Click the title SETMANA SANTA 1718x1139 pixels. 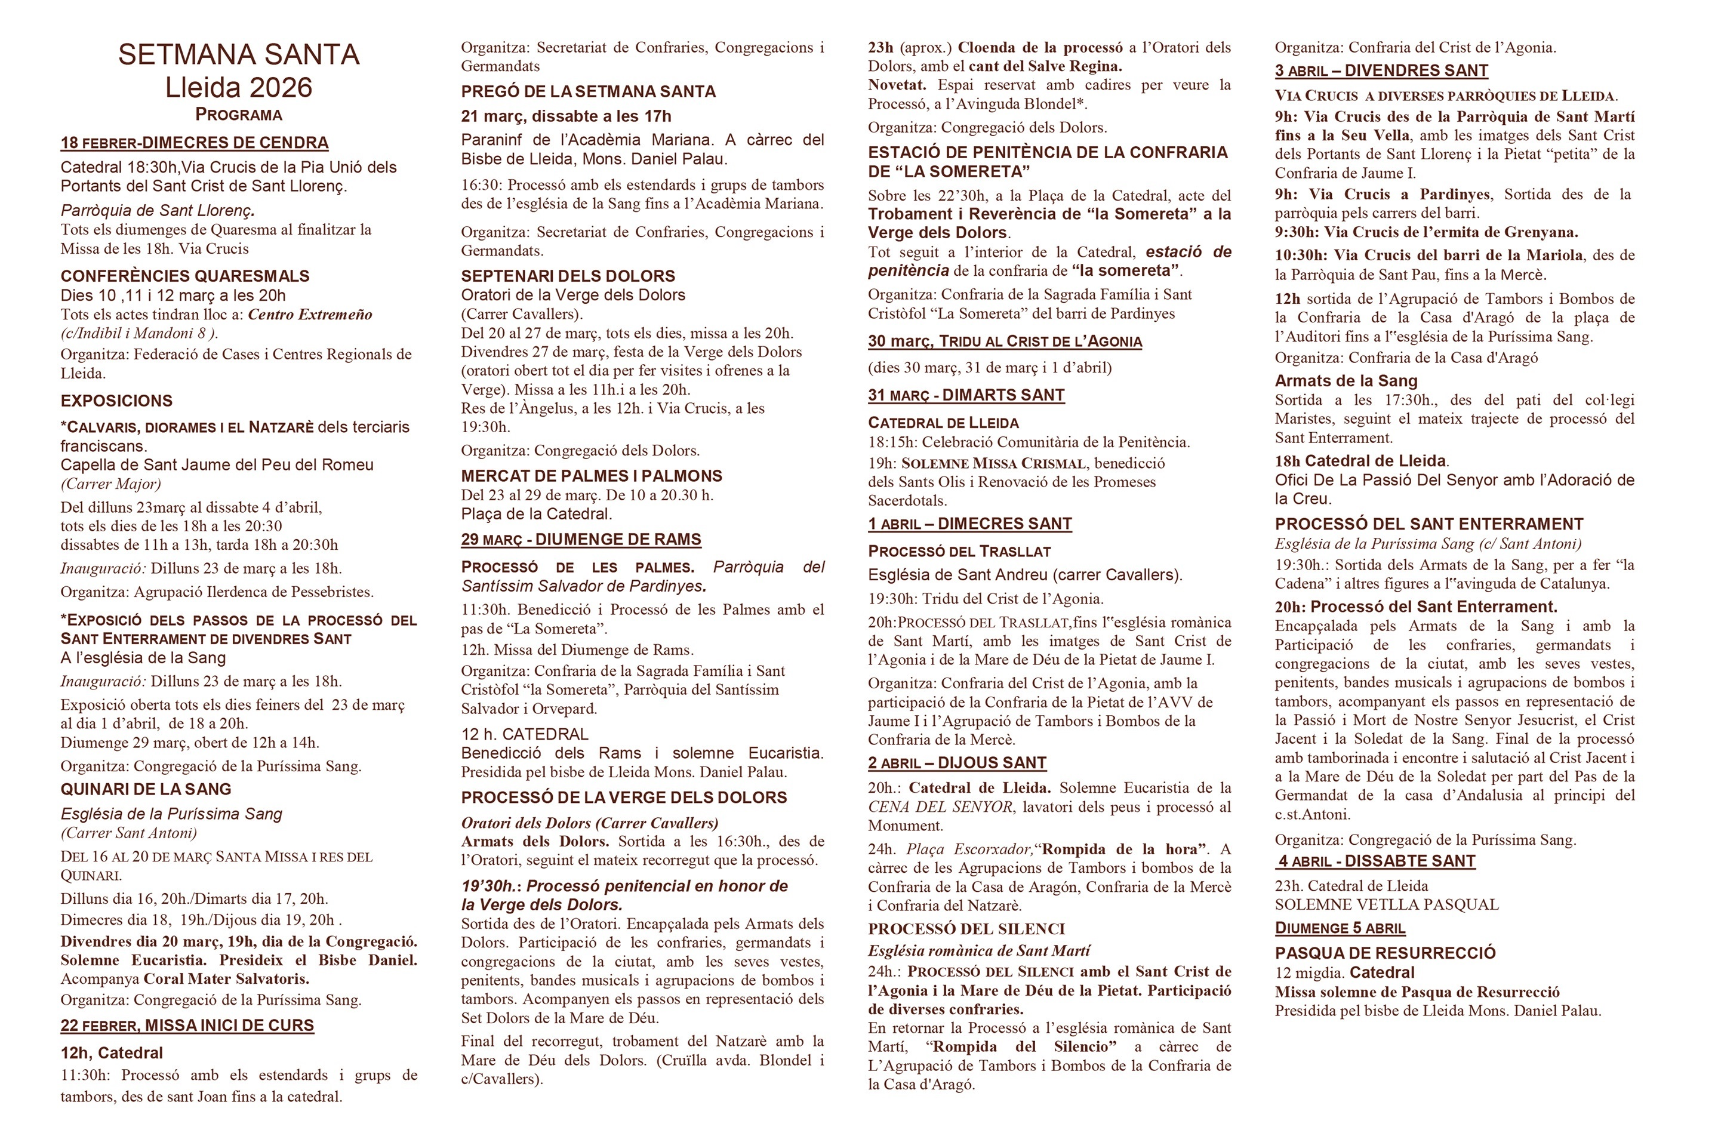238,54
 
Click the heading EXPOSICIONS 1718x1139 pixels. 116,401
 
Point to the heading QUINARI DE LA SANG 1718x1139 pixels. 145,789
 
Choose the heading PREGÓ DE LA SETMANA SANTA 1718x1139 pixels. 587,91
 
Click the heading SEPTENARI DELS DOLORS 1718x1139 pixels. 567,276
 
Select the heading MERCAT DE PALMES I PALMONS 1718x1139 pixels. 592,476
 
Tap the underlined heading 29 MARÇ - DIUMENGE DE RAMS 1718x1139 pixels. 580,540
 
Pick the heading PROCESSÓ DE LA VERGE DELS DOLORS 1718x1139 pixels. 623,798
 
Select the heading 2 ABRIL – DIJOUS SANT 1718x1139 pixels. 957,763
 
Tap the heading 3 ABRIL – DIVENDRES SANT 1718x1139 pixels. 1381,70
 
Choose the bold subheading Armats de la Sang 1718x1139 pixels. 1346,381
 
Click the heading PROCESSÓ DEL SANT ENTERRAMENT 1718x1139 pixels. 1428,525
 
